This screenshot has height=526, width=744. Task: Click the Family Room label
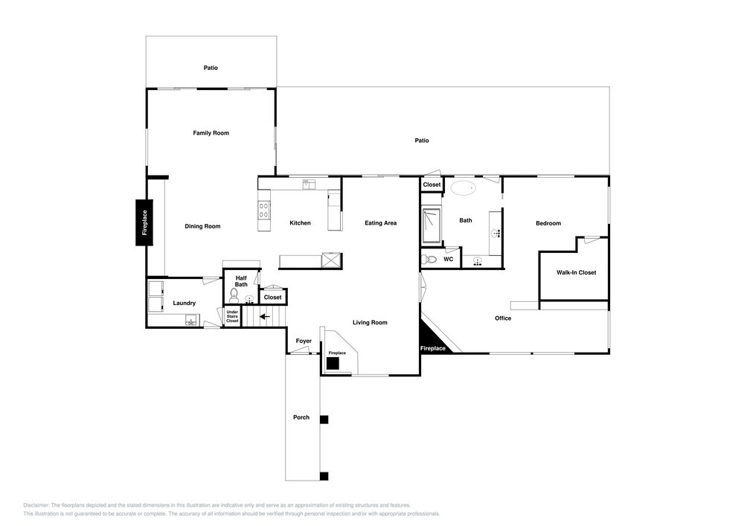point(211,133)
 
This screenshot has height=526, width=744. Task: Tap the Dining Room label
point(202,226)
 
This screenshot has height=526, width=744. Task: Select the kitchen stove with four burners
point(264,210)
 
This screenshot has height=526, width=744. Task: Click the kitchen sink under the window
point(309,184)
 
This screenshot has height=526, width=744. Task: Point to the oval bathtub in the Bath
point(463,187)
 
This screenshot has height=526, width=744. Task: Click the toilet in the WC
point(429,260)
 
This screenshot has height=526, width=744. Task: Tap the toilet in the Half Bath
point(234,296)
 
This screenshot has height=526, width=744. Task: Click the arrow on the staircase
point(264,316)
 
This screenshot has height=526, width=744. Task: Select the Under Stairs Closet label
point(232,316)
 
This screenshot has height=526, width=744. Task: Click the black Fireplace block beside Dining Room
point(144,222)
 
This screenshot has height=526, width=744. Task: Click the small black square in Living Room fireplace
point(333,363)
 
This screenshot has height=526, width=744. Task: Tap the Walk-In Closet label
point(576,273)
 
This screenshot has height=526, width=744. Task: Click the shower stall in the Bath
point(432,225)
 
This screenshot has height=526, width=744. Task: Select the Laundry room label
point(184,303)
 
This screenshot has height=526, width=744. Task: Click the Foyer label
point(304,341)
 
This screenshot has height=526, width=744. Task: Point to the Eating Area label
point(380,223)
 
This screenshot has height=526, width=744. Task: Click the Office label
point(503,318)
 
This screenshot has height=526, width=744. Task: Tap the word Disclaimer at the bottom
point(36,505)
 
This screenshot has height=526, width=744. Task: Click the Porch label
point(301,417)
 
